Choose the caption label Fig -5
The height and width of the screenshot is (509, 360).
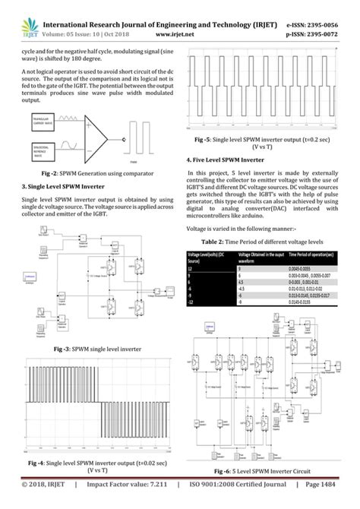207,140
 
